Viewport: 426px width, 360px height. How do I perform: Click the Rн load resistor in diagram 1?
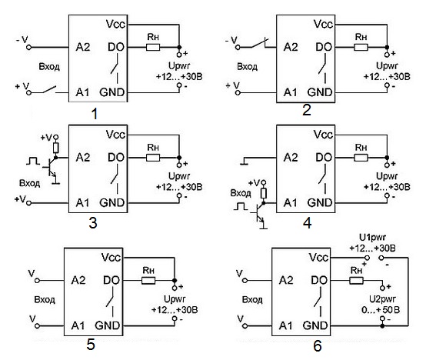153,48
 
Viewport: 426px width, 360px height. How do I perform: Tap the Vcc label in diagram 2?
323,24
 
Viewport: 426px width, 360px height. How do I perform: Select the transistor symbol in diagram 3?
52,167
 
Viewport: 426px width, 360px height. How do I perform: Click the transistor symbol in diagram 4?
260,214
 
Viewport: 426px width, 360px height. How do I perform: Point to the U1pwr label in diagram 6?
372,238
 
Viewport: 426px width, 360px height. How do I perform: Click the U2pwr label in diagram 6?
382,299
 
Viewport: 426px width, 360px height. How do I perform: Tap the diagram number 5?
91,345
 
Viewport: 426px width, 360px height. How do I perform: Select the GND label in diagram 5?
107,325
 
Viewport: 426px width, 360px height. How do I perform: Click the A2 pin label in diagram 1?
83,47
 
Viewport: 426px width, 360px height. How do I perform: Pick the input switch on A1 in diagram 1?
49,90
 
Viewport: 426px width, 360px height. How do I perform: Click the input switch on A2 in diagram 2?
259,44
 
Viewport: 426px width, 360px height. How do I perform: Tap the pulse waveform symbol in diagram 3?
33,161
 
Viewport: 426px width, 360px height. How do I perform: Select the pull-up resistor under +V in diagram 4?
263,193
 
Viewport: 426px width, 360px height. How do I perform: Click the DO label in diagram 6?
319,280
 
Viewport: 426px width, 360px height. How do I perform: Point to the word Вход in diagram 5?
45,300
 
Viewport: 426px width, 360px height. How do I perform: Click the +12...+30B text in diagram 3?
179,187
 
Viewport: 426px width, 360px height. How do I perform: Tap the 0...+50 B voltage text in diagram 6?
381,310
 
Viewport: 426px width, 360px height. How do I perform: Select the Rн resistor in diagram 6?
356,281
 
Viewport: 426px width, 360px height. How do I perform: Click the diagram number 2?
307,111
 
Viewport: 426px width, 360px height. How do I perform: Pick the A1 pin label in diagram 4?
291,202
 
